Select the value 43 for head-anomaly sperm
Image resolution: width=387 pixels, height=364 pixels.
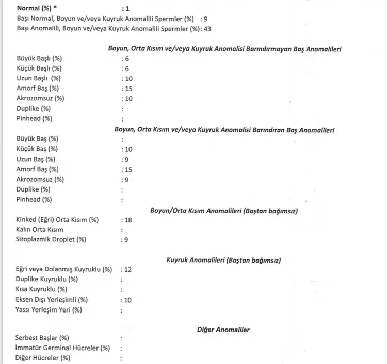(x=207, y=29)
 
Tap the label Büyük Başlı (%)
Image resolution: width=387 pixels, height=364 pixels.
(x=39, y=59)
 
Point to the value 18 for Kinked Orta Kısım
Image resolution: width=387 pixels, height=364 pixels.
(x=128, y=220)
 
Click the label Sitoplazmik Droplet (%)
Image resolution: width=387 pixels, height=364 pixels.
(x=51, y=239)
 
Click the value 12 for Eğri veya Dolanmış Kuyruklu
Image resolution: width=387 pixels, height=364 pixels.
(x=128, y=269)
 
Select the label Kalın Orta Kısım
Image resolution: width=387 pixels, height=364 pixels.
(x=43, y=230)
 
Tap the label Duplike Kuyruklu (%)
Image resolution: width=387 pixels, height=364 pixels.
(x=47, y=279)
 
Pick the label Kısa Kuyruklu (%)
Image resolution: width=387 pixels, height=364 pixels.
(x=41, y=289)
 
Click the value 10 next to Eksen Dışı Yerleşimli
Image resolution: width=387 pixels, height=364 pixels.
(x=127, y=300)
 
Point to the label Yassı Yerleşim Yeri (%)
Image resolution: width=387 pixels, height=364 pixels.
(x=49, y=310)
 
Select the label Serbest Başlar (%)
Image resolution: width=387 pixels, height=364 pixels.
(x=42, y=338)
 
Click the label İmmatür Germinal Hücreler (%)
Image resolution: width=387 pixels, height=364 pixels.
(x=63, y=348)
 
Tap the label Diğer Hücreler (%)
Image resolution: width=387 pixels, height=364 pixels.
(x=43, y=358)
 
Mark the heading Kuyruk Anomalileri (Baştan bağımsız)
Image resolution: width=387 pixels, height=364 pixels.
(x=223, y=260)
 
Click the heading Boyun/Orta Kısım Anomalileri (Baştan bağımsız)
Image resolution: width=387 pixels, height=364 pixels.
(x=223, y=211)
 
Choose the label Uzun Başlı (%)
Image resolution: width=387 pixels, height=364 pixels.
(x=38, y=78)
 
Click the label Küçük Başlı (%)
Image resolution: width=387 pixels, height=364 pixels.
(x=39, y=68)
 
